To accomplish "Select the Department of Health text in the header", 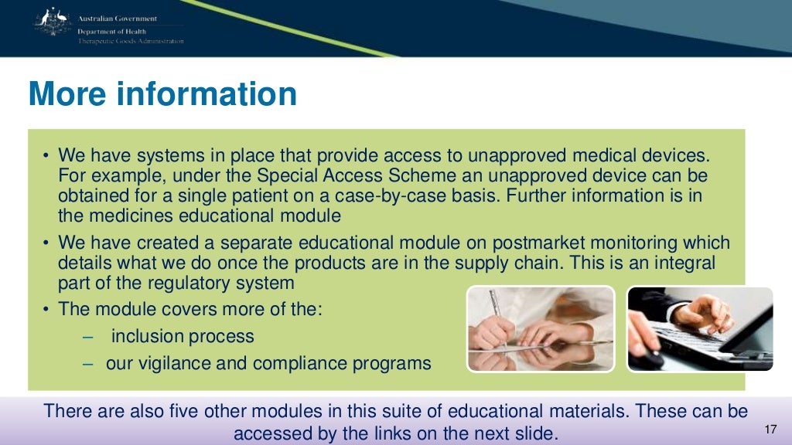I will point(111,30).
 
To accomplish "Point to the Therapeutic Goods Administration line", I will point(131,41).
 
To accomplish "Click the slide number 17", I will point(769,430).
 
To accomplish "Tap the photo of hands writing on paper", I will point(541,328).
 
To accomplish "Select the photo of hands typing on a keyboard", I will point(699,328).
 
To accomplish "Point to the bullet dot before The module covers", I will point(46,309).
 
